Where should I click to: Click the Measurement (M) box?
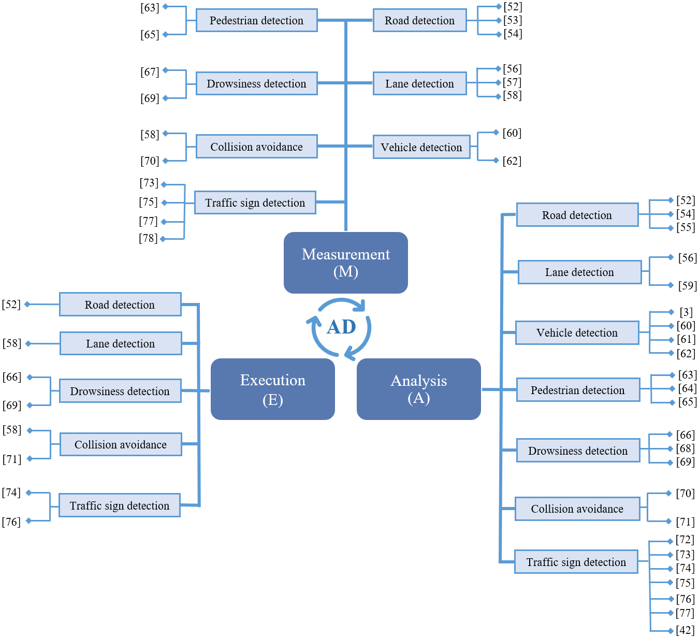coord(345,263)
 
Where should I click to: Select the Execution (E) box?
coord(272,389)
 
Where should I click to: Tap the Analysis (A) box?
coord(418,389)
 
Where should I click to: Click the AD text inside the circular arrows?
coord(341,327)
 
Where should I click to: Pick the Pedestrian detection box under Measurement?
coord(256,20)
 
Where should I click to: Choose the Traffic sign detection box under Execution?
coord(120,505)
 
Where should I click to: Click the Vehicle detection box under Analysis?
coord(577,332)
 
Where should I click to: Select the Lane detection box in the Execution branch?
coord(121,343)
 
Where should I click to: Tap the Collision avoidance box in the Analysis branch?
coord(577,509)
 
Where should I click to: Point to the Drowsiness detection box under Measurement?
coord(256,83)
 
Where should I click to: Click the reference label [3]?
coord(686,312)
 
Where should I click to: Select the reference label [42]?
coord(685,630)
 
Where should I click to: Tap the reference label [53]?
coord(513,20)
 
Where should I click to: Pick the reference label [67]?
coord(150,71)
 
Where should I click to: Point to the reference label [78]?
coord(148,238)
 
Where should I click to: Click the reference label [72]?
coord(685,540)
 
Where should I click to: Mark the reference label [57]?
coord(512,82)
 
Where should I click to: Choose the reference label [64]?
coord(687,388)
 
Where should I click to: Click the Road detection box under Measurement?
coord(419,20)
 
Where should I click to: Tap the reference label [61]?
coord(686,339)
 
